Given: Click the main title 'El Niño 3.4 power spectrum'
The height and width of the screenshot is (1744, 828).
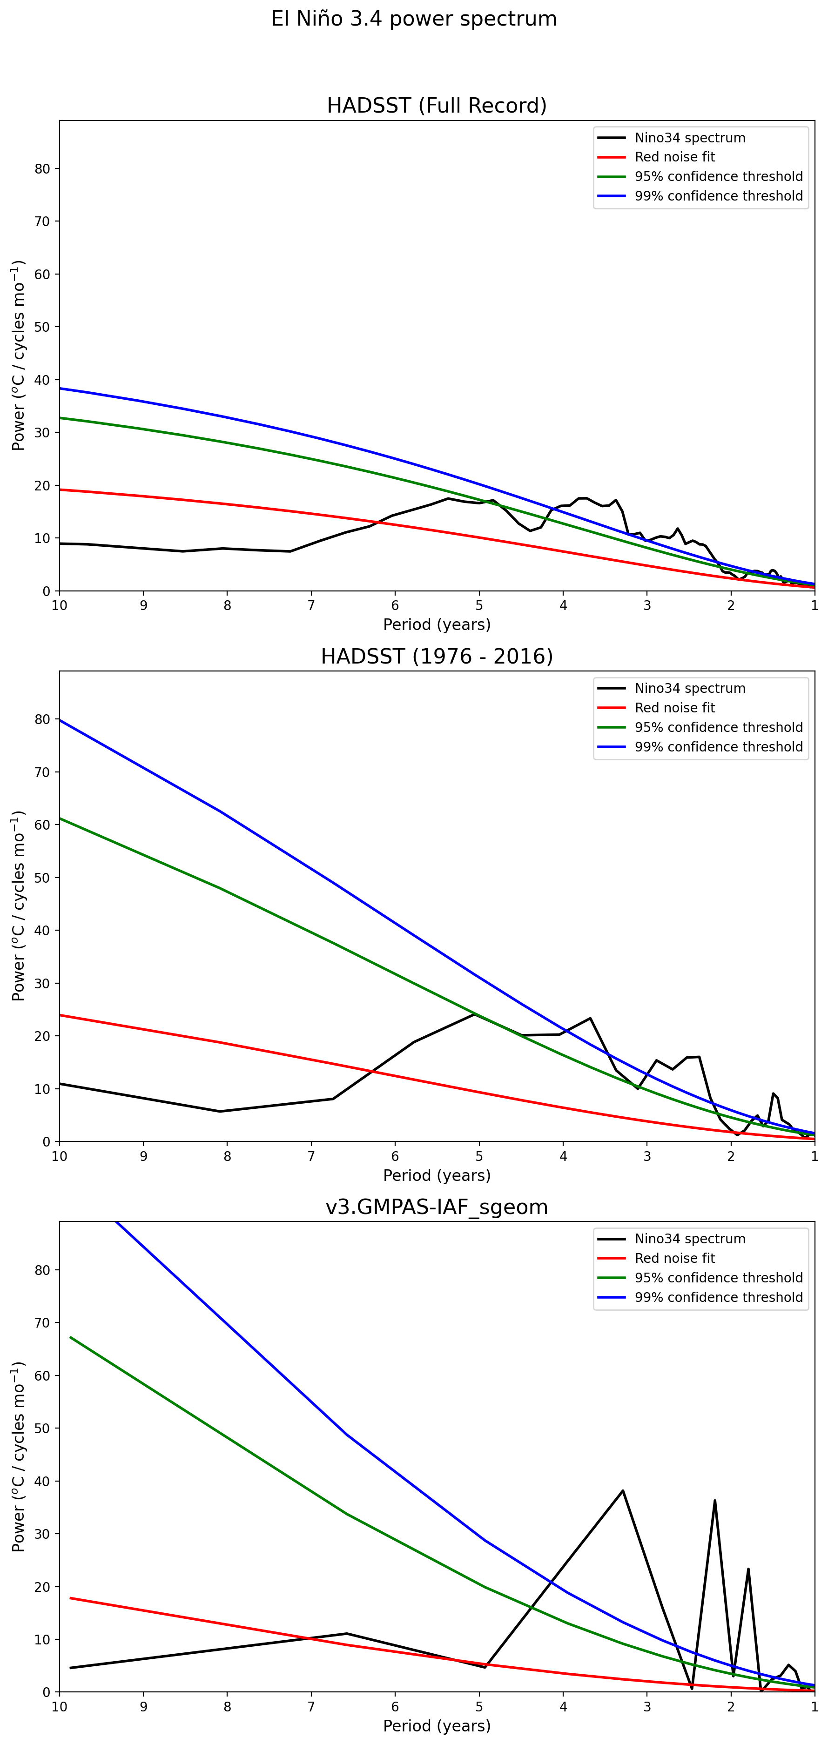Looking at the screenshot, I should tap(414, 19).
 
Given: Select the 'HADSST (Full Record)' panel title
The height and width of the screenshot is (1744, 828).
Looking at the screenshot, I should tap(437, 106).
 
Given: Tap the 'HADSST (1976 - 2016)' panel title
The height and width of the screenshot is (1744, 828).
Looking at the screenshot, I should tap(437, 656).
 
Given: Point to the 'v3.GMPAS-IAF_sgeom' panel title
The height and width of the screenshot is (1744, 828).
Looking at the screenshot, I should tap(437, 1207).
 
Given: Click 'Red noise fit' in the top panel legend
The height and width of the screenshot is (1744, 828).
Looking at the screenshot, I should tap(674, 157).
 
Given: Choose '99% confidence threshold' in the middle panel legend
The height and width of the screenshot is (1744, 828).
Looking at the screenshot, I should tap(718, 747).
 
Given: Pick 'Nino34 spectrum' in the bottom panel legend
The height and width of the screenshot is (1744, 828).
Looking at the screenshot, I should tap(690, 1239).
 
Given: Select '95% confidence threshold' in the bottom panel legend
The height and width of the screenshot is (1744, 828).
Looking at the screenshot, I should tap(718, 1278).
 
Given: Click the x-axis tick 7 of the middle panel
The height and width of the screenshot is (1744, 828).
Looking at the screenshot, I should tap(311, 1156).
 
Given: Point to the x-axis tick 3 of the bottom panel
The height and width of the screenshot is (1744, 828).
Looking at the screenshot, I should tap(647, 1707).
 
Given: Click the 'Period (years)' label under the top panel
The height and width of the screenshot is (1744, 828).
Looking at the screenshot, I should tap(437, 624).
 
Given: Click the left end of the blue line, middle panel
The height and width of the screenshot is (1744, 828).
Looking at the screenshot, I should tap(60, 720).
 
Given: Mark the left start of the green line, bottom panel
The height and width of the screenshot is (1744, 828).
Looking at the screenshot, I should tap(70, 1337).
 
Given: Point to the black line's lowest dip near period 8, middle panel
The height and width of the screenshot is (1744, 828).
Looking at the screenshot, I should tap(220, 1111).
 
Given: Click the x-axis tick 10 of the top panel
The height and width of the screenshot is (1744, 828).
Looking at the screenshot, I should tap(60, 605).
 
